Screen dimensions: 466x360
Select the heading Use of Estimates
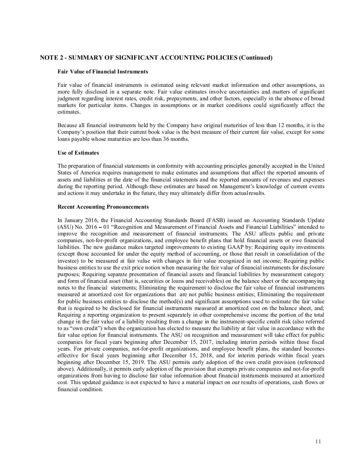[x=78, y=153]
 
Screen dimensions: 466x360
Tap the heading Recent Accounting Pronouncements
[x=103, y=207]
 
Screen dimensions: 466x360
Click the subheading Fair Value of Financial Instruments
[x=103, y=72]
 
